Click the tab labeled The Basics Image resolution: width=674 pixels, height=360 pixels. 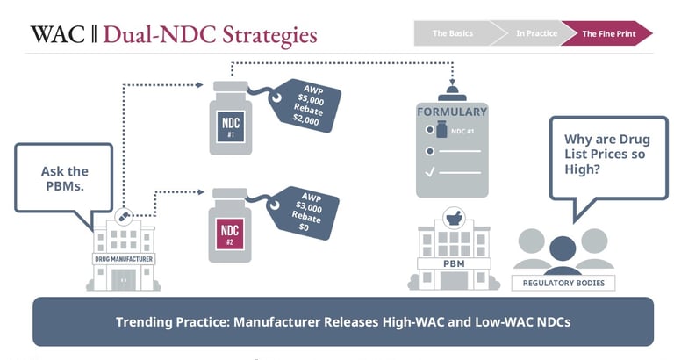tap(452, 33)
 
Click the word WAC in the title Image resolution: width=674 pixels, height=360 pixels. tap(58, 34)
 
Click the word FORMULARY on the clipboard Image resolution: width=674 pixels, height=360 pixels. tap(451, 112)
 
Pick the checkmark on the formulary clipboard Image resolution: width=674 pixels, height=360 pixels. tap(430, 172)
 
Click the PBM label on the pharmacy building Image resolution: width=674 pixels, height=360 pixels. tap(453, 262)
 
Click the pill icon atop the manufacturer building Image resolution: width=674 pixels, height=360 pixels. tap(124, 215)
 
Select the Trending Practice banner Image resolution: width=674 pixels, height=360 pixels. tap(343, 321)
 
